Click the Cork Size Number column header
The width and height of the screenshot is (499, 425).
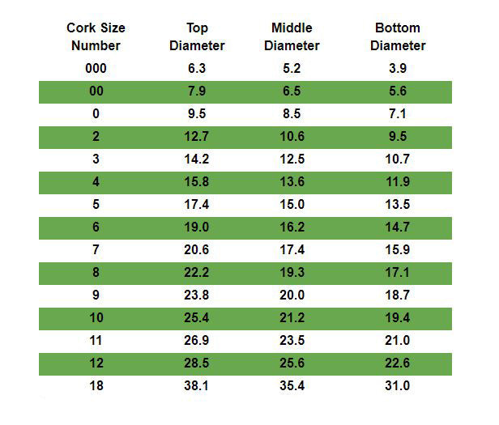[x=96, y=36]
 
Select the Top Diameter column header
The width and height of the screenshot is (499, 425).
[x=197, y=36]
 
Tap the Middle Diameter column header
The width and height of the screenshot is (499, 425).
[x=292, y=36]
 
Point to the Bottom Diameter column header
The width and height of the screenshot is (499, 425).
[x=398, y=36]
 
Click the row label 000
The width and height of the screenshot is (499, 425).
[x=96, y=69]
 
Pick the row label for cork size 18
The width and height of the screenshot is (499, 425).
[x=96, y=386]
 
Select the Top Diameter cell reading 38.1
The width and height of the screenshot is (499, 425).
[x=197, y=386]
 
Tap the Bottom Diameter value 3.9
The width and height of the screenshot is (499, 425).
[x=398, y=69]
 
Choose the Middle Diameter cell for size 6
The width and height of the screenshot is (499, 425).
[x=292, y=227]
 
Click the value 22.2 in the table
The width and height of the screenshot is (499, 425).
[x=197, y=273]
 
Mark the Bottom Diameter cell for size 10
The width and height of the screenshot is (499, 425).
[x=398, y=318]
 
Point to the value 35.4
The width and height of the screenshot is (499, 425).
[x=292, y=386]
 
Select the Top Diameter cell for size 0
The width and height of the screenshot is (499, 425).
[x=197, y=114]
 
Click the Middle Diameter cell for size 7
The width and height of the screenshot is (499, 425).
[x=292, y=250]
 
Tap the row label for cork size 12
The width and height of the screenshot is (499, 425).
[x=96, y=363]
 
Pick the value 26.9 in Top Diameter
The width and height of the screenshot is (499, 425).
[x=197, y=341]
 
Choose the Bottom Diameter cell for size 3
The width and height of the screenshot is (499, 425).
[x=398, y=159]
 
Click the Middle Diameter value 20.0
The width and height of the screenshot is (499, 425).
[x=292, y=295]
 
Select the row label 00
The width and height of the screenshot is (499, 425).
[x=96, y=91]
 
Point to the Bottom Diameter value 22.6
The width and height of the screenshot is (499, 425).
[x=398, y=363]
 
